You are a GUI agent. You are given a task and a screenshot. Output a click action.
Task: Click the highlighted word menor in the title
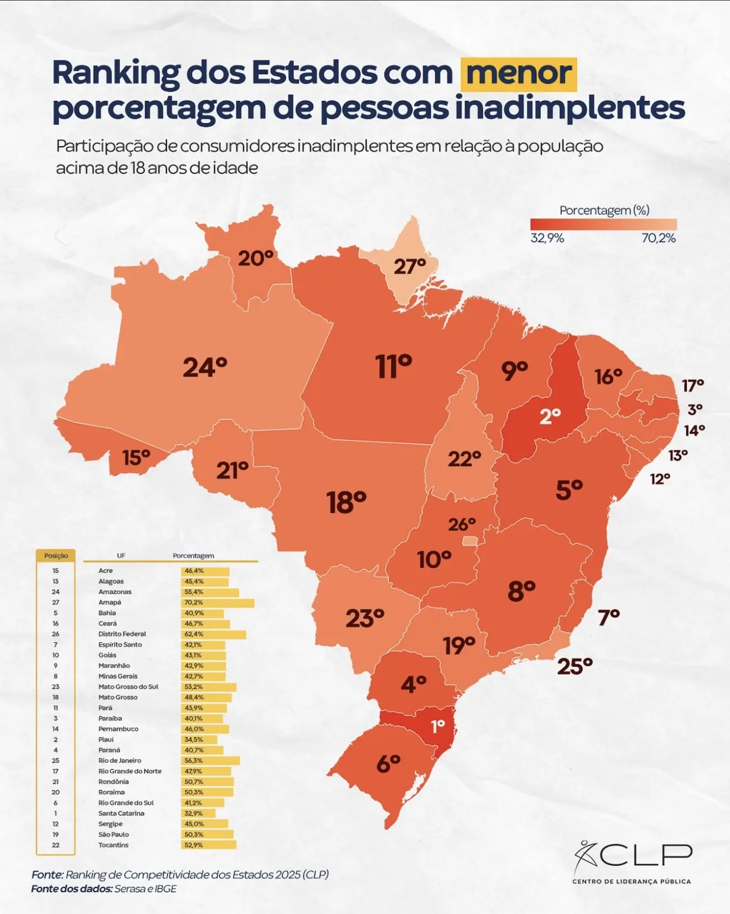(x=519, y=74)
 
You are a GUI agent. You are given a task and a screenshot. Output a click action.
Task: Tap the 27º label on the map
(x=410, y=266)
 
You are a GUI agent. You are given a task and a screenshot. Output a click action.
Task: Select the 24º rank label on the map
(x=205, y=367)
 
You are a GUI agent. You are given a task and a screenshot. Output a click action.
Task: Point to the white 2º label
(x=550, y=416)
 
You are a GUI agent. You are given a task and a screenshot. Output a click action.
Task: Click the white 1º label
(x=438, y=726)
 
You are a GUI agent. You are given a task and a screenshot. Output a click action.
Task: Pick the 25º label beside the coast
(x=574, y=666)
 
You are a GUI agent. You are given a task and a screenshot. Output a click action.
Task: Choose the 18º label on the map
(x=346, y=502)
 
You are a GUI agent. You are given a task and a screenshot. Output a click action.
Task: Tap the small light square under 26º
(x=470, y=541)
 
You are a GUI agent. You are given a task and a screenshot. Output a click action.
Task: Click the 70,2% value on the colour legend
(x=659, y=238)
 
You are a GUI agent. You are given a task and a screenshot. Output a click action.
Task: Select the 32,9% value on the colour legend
(x=547, y=238)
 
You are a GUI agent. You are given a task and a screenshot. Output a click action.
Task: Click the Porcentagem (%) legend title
(x=604, y=210)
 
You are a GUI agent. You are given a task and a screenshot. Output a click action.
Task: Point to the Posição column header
(x=56, y=556)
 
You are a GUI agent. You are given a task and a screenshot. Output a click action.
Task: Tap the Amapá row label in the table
(x=110, y=602)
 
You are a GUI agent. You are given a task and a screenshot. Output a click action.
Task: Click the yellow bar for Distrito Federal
(x=214, y=634)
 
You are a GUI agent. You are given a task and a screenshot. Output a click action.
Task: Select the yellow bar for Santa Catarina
(x=198, y=813)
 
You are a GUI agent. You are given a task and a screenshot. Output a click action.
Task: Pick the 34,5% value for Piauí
(x=194, y=740)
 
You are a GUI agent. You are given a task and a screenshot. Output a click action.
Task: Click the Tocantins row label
(x=113, y=845)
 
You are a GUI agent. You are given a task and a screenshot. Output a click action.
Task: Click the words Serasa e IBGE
(x=146, y=889)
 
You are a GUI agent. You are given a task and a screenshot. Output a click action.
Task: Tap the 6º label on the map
(x=388, y=764)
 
